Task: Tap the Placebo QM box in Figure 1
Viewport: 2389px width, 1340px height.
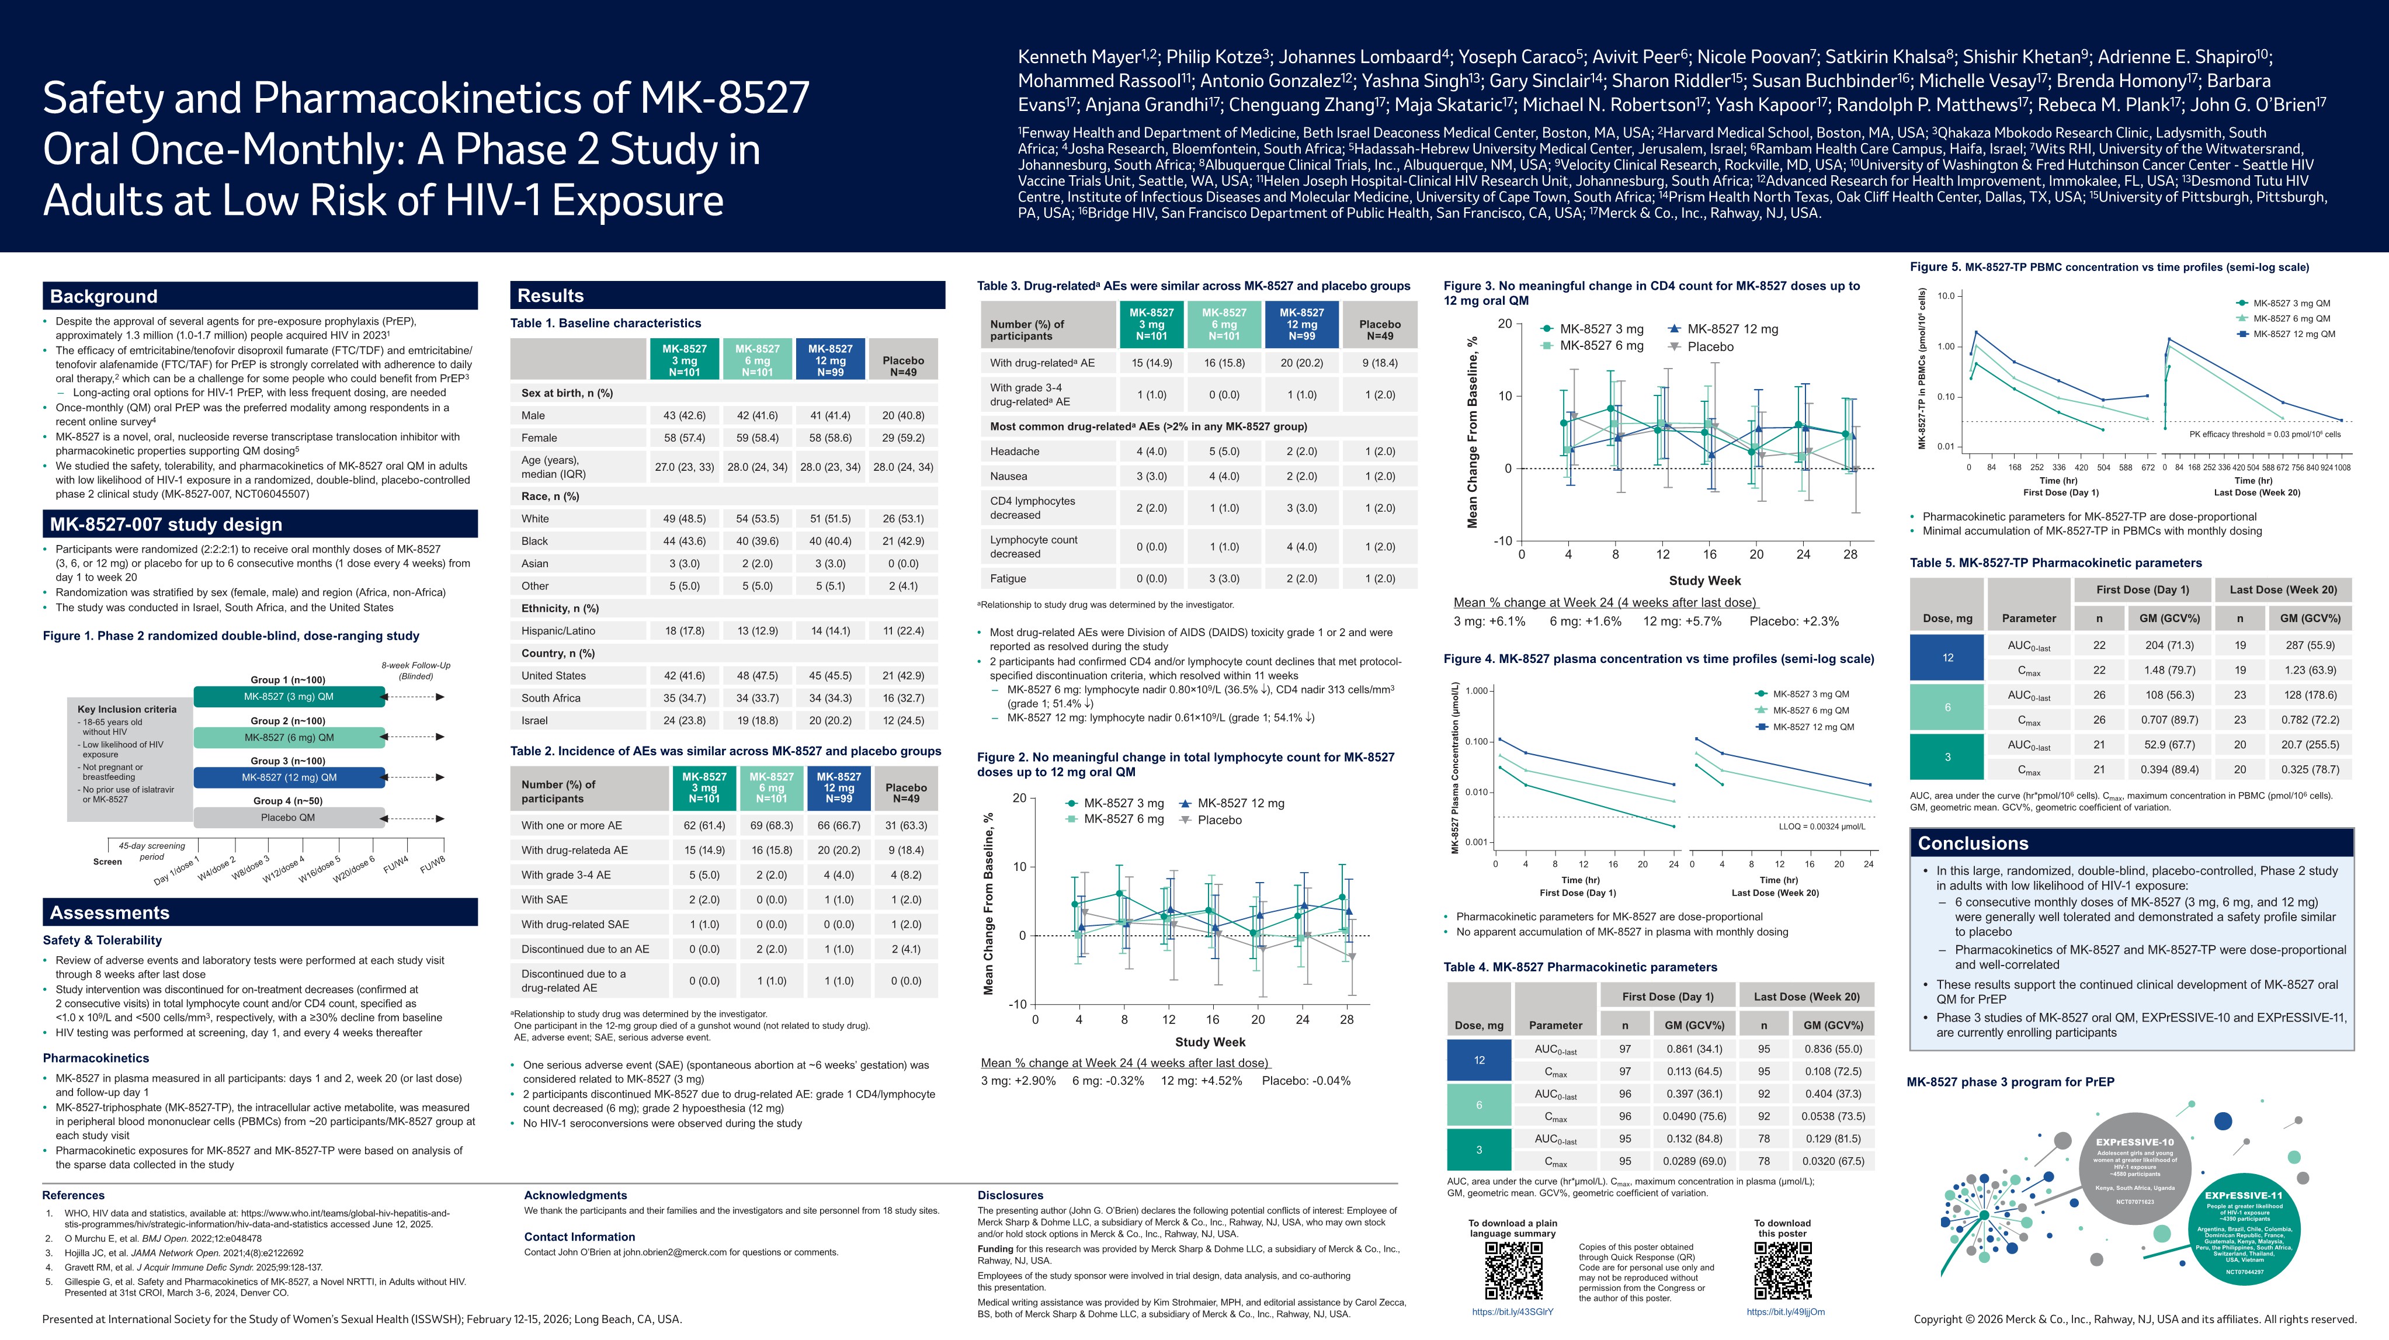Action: coord(289,818)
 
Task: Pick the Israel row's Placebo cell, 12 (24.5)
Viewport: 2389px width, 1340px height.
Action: coord(902,721)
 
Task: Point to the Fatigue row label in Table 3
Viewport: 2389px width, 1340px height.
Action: coord(1008,579)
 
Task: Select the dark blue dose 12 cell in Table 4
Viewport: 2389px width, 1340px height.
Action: coord(1479,1060)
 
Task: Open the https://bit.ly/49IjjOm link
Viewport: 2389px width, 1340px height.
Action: coord(1785,1312)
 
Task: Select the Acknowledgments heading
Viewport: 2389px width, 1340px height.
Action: coord(575,1195)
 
